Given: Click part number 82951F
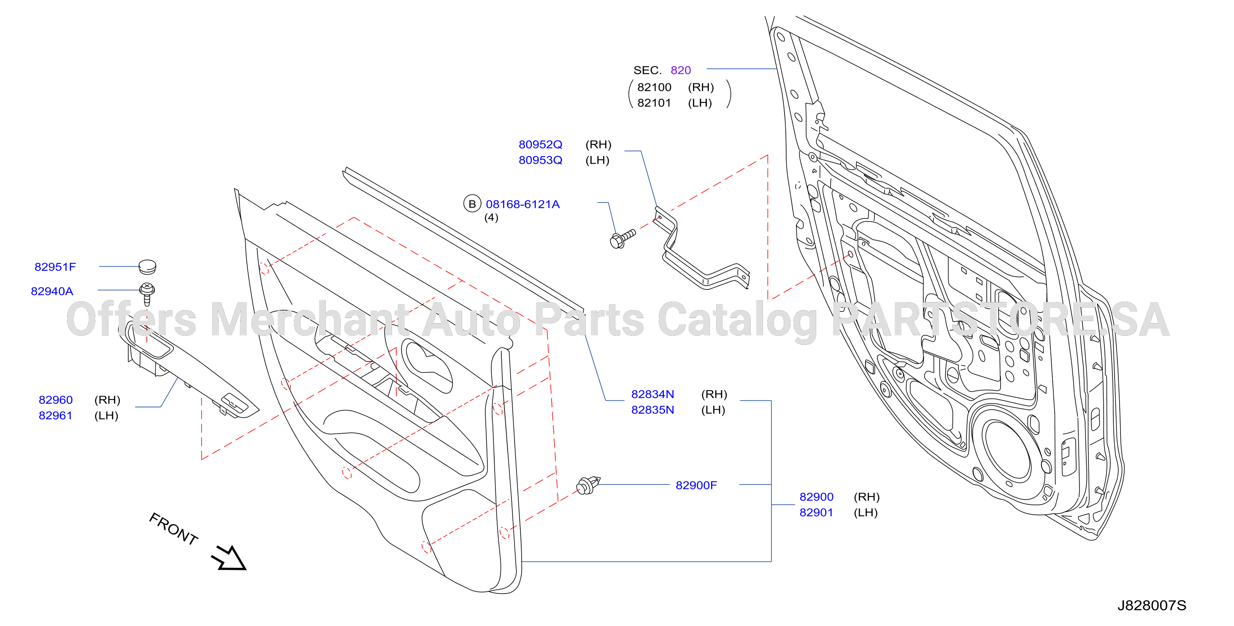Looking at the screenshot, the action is pos(55,267).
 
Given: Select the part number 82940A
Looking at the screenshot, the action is pos(52,291).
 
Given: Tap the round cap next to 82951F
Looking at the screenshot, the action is pos(147,266).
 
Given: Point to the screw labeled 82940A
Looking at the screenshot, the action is pos(147,293).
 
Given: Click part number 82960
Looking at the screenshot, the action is pos(56,400).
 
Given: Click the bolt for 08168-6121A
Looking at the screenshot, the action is pos(622,238).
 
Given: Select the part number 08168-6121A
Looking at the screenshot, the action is pos(522,204).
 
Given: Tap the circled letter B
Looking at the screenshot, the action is pos(472,204).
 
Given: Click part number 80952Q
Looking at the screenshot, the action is pos(540,144).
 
